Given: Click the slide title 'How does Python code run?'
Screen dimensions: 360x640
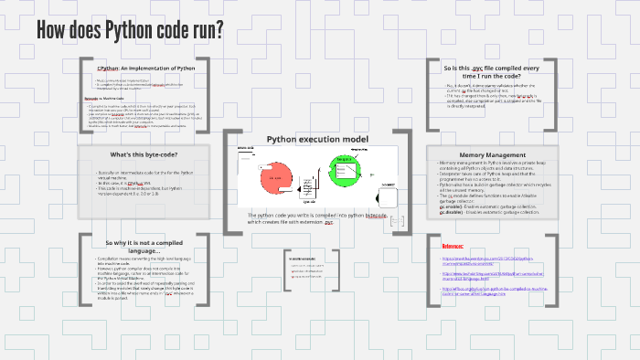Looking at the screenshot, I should (x=130, y=30).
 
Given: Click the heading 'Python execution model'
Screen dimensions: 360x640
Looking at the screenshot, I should (x=317, y=139).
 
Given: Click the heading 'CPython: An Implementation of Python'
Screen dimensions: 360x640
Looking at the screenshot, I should (x=145, y=69).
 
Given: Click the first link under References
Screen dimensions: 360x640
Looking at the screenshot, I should (x=494, y=260).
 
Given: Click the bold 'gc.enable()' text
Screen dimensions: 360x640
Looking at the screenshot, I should (x=453, y=206).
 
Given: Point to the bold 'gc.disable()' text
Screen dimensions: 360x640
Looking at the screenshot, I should (x=454, y=212).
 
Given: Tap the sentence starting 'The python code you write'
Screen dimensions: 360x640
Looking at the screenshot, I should (x=315, y=217).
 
